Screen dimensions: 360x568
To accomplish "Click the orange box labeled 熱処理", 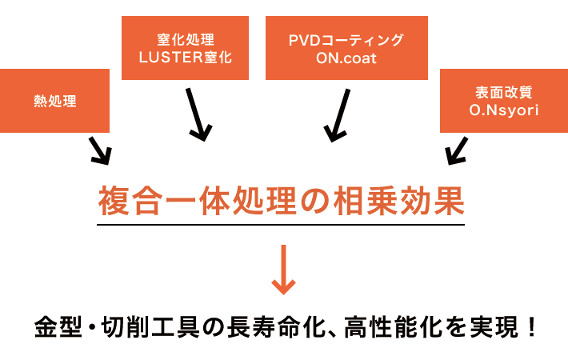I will pyautogui.click(x=54, y=101).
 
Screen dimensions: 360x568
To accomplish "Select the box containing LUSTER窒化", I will pyautogui.click(x=185, y=47).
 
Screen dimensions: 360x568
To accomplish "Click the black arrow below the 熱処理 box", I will pyautogui.click(x=99, y=150).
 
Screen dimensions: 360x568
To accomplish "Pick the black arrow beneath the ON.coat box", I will pyautogui.click(x=338, y=114).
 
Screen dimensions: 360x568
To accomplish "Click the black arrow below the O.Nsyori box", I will pyautogui.click(x=457, y=150).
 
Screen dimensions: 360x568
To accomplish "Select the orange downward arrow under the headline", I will pyautogui.click(x=283, y=270).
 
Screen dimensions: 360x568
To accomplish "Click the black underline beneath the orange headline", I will pyautogui.click(x=280, y=225).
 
